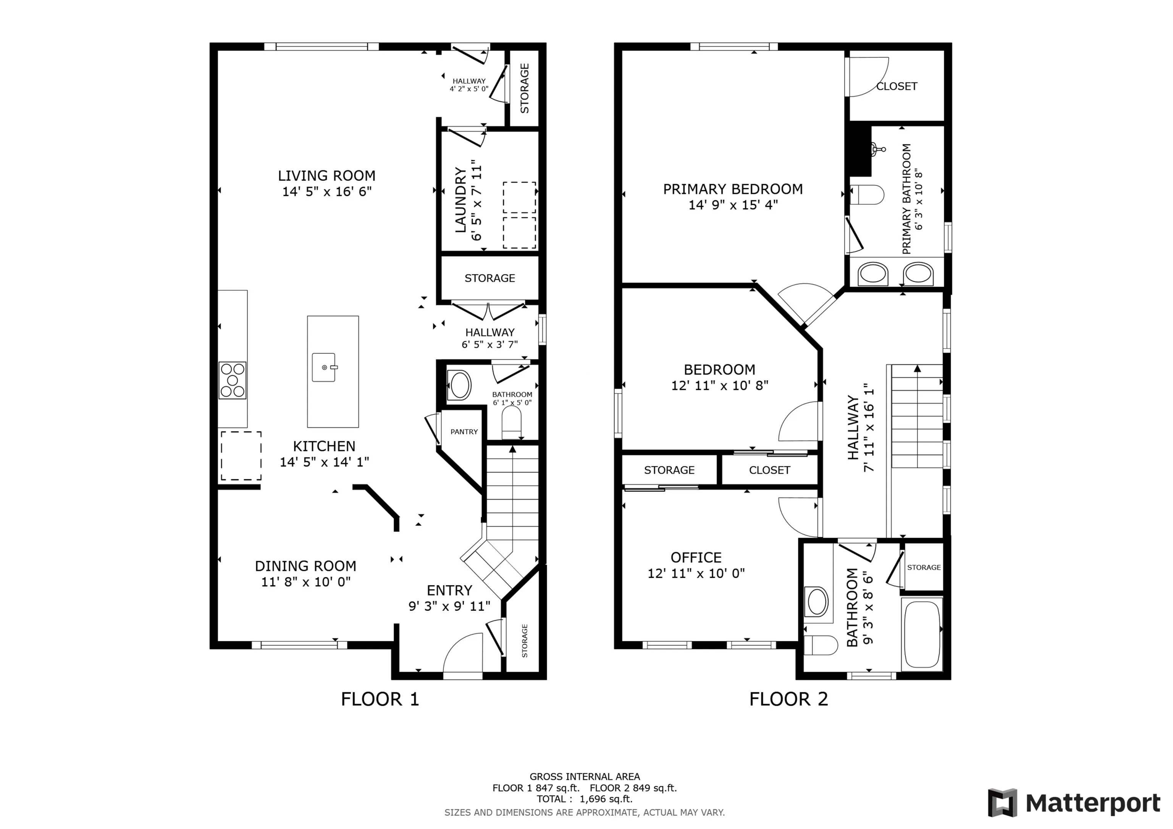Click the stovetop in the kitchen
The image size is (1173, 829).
233,380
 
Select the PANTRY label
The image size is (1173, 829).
464,432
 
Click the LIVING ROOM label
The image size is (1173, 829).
326,175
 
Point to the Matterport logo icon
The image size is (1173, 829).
1002,803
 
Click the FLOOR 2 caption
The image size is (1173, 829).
788,699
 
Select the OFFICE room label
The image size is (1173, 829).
696,557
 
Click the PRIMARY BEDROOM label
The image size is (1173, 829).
733,189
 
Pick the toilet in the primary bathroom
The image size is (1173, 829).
867,195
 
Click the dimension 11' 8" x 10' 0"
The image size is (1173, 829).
305,582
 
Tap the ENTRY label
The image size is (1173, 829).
449,591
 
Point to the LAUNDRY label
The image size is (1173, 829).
461,200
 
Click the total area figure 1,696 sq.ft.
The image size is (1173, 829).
606,799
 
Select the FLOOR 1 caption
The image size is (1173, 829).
380,699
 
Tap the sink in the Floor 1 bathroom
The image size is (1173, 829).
459,385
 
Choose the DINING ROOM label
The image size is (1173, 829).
305,566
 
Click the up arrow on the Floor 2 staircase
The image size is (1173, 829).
918,368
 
